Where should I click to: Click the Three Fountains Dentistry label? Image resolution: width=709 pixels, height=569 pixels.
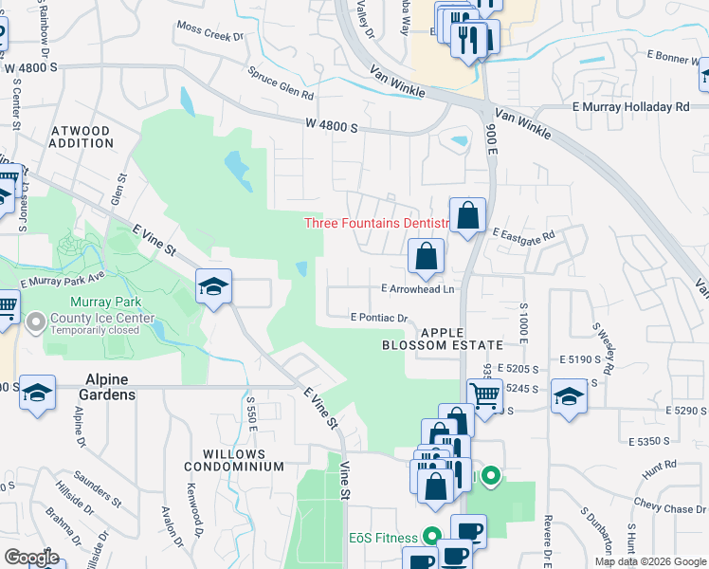375,224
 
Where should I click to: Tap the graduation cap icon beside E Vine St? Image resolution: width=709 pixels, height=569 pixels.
214,286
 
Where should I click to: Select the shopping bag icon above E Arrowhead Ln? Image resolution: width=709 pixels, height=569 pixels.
427,256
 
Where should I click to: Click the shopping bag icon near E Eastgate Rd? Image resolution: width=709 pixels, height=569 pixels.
468,216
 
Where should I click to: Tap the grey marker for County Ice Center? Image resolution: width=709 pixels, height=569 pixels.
36,323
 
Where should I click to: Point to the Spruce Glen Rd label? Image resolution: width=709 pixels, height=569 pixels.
281,83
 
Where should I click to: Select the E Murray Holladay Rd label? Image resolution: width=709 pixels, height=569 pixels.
631,107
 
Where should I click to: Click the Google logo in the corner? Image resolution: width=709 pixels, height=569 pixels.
31,558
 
